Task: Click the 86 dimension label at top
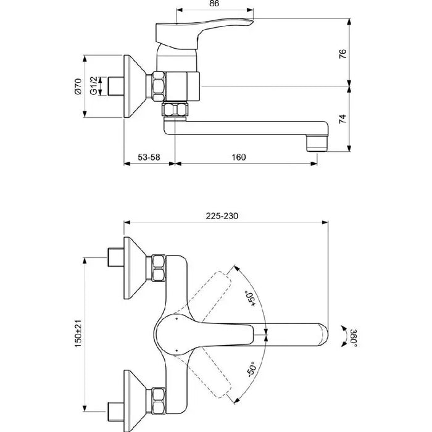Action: tap(214, 4)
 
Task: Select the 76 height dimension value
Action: tap(343, 54)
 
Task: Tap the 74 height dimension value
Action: tap(342, 119)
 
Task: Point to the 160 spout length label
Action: tap(239, 157)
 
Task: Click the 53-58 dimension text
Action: tap(149, 157)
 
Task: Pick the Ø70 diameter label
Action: tap(78, 86)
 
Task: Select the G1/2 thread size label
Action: tap(94, 86)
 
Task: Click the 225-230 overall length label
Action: tap(222, 216)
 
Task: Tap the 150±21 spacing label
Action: tap(78, 334)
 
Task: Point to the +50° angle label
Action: tap(251, 298)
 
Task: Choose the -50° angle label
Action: tap(251, 370)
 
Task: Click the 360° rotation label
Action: tap(354, 338)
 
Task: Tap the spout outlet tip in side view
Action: tap(317, 143)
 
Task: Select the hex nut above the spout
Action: tap(175, 109)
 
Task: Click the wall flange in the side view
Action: tap(135, 86)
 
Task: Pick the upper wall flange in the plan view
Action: tap(135, 268)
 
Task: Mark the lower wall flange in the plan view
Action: tap(135, 401)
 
